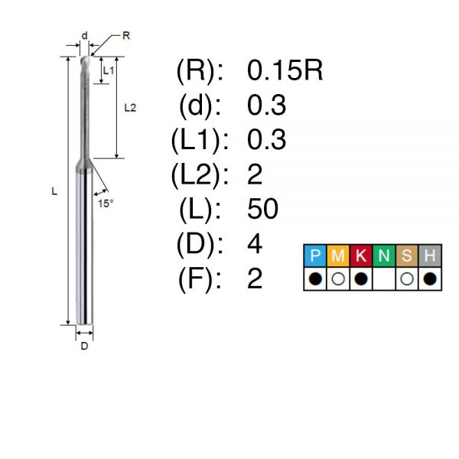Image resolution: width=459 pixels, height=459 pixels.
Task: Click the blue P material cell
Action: [315, 256]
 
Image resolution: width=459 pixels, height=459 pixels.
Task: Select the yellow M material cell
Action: [338, 256]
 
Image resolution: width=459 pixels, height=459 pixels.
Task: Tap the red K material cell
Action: [361, 256]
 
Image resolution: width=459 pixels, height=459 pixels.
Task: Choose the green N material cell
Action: [384, 256]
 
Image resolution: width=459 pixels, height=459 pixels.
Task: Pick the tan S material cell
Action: [407, 256]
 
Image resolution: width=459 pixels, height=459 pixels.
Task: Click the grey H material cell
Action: [430, 256]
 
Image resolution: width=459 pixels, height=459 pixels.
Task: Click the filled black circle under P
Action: [315, 279]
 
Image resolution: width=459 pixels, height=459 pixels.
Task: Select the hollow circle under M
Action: [338, 279]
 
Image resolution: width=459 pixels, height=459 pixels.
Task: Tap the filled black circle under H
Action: [430, 279]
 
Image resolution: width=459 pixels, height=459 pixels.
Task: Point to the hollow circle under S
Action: [407, 279]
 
